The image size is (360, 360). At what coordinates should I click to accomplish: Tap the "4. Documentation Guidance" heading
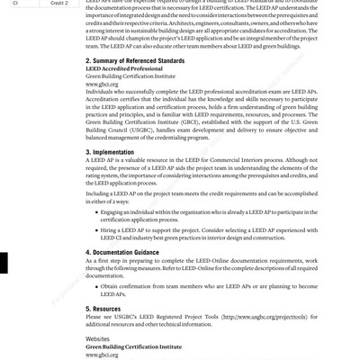[x=131, y=254]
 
